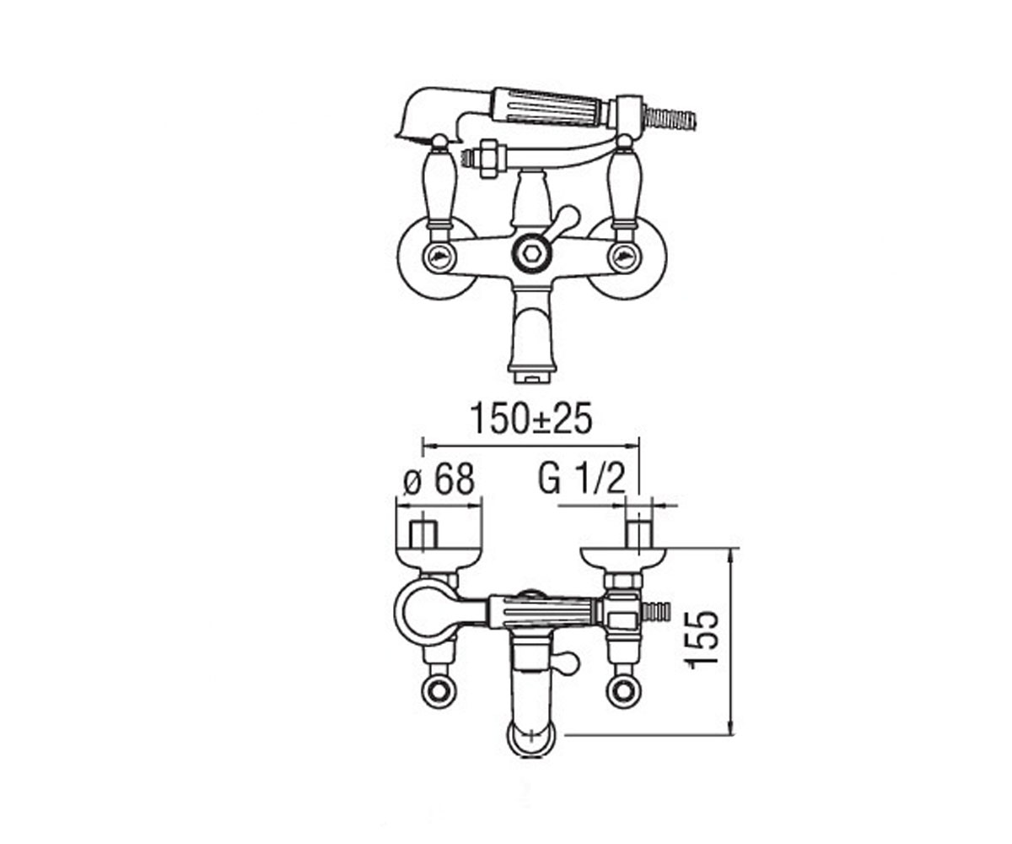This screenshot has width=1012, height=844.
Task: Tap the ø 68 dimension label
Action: (x=439, y=481)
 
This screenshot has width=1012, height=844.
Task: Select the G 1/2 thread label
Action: (x=581, y=481)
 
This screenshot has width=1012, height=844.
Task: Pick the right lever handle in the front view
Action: (x=624, y=186)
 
